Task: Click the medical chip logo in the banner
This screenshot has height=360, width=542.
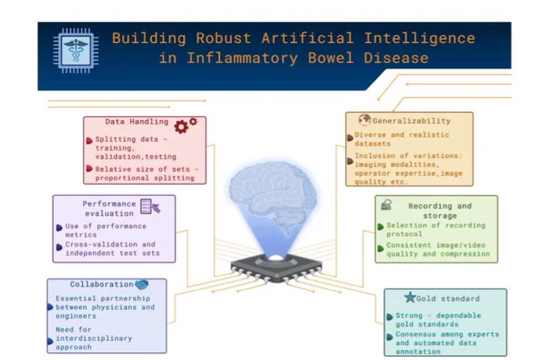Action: tap(76, 50)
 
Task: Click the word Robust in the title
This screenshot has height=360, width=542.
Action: tap(223, 38)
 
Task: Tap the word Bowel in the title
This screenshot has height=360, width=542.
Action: tap(331, 57)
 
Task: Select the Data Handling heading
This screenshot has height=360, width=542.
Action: tap(137, 122)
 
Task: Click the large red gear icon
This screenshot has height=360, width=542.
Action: tap(181, 127)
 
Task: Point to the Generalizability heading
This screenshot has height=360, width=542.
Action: tap(411, 121)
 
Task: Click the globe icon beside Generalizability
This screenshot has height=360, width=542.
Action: tap(364, 120)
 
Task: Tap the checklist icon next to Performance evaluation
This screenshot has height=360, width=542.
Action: tap(150, 206)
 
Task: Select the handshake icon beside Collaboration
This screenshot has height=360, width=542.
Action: tap(141, 284)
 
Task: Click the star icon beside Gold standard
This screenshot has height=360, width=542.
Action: tap(410, 297)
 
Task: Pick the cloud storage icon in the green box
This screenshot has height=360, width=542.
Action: tap(386, 205)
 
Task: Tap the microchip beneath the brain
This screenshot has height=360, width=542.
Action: tap(276, 268)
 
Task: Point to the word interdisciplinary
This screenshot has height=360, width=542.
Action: tap(94, 338)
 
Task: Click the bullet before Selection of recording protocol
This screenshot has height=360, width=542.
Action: tap(380, 227)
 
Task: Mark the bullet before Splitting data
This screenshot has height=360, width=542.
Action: tap(89, 141)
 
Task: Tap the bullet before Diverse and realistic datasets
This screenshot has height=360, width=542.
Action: tap(350, 138)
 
